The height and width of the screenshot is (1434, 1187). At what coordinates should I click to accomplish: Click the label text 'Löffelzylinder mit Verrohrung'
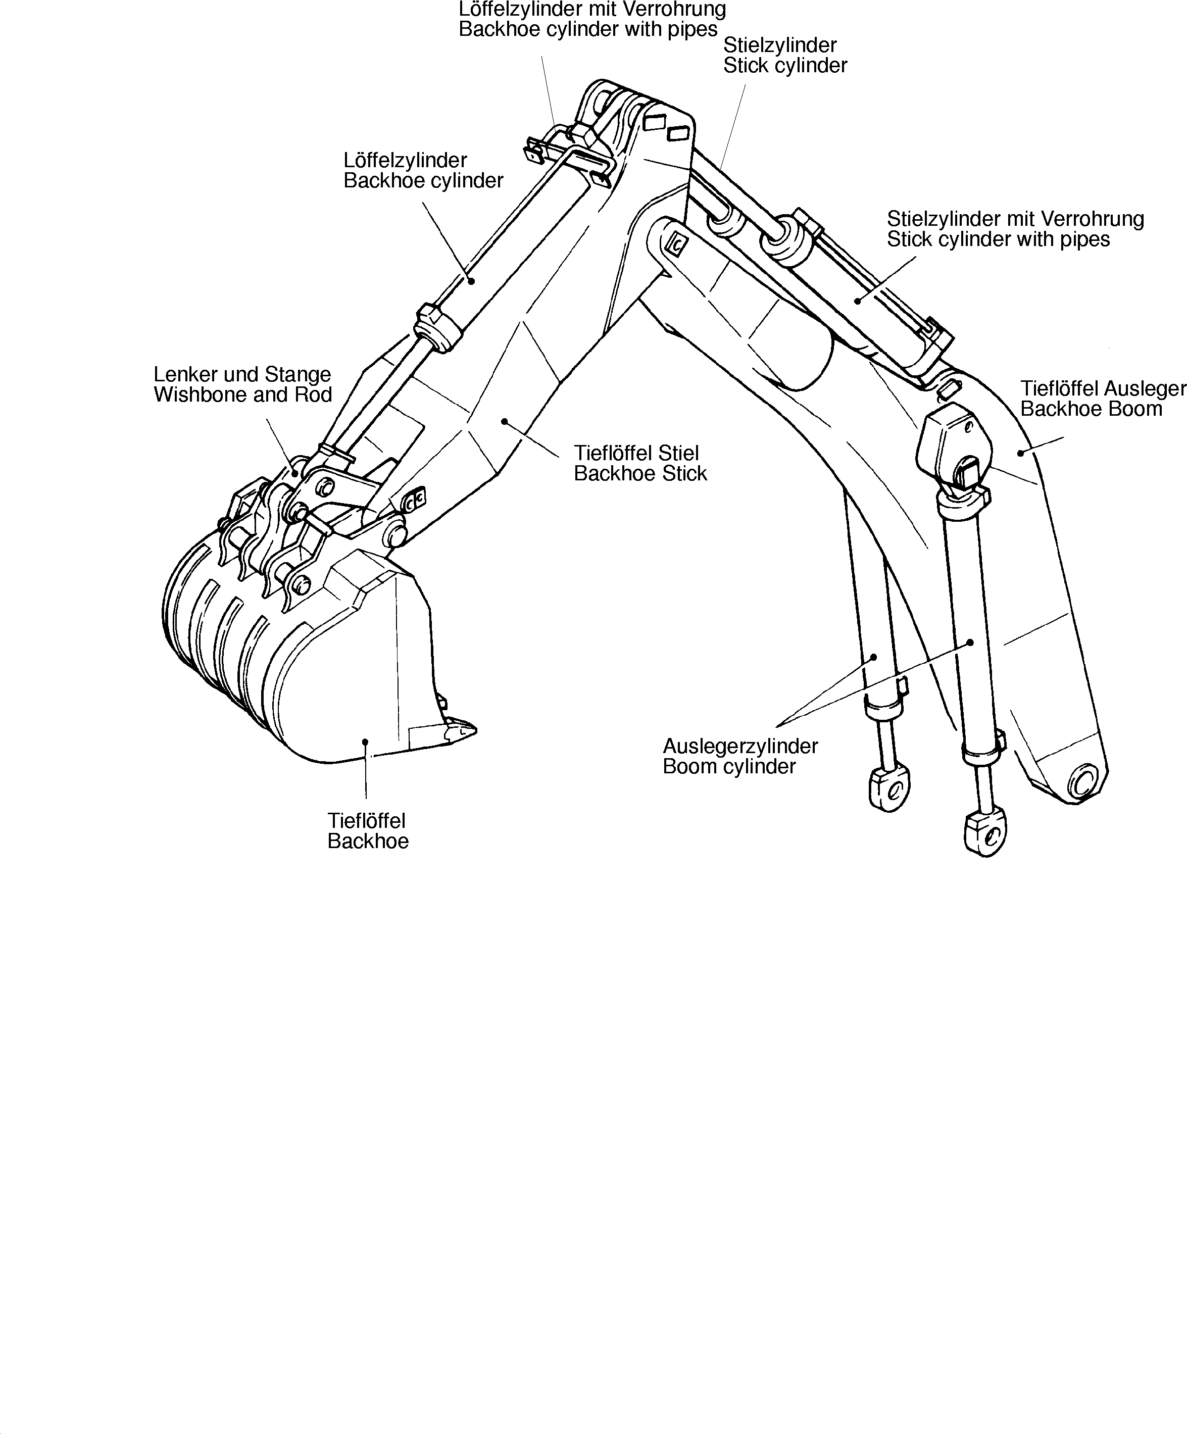tap(591, 10)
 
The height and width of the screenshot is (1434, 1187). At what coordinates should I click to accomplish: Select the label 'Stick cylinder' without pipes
tap(785, 66)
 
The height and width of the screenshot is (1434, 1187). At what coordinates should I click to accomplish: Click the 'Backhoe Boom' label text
tap(1091, 409)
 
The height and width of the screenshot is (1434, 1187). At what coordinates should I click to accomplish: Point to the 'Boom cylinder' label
tap(729, 766)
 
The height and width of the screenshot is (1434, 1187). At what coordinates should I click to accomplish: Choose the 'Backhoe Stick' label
tap(640, 473)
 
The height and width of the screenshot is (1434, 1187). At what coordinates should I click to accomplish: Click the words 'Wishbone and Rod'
tap(242, 394)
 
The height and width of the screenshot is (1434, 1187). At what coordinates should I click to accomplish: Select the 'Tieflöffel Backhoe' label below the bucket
tap(367, 830)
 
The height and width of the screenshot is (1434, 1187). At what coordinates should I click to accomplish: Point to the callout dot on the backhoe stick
tap(504, 422)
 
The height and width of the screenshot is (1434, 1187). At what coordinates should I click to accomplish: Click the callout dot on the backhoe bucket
tap(365, 741)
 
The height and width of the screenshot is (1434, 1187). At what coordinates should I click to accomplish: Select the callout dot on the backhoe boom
tap(1020, 452)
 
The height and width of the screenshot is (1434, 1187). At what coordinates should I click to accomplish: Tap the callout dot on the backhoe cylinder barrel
tap(471, 279)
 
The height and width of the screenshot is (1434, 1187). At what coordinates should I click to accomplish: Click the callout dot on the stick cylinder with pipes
tap(857, 301)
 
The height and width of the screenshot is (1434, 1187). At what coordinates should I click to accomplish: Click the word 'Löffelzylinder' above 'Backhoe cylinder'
tap(405, 161)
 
